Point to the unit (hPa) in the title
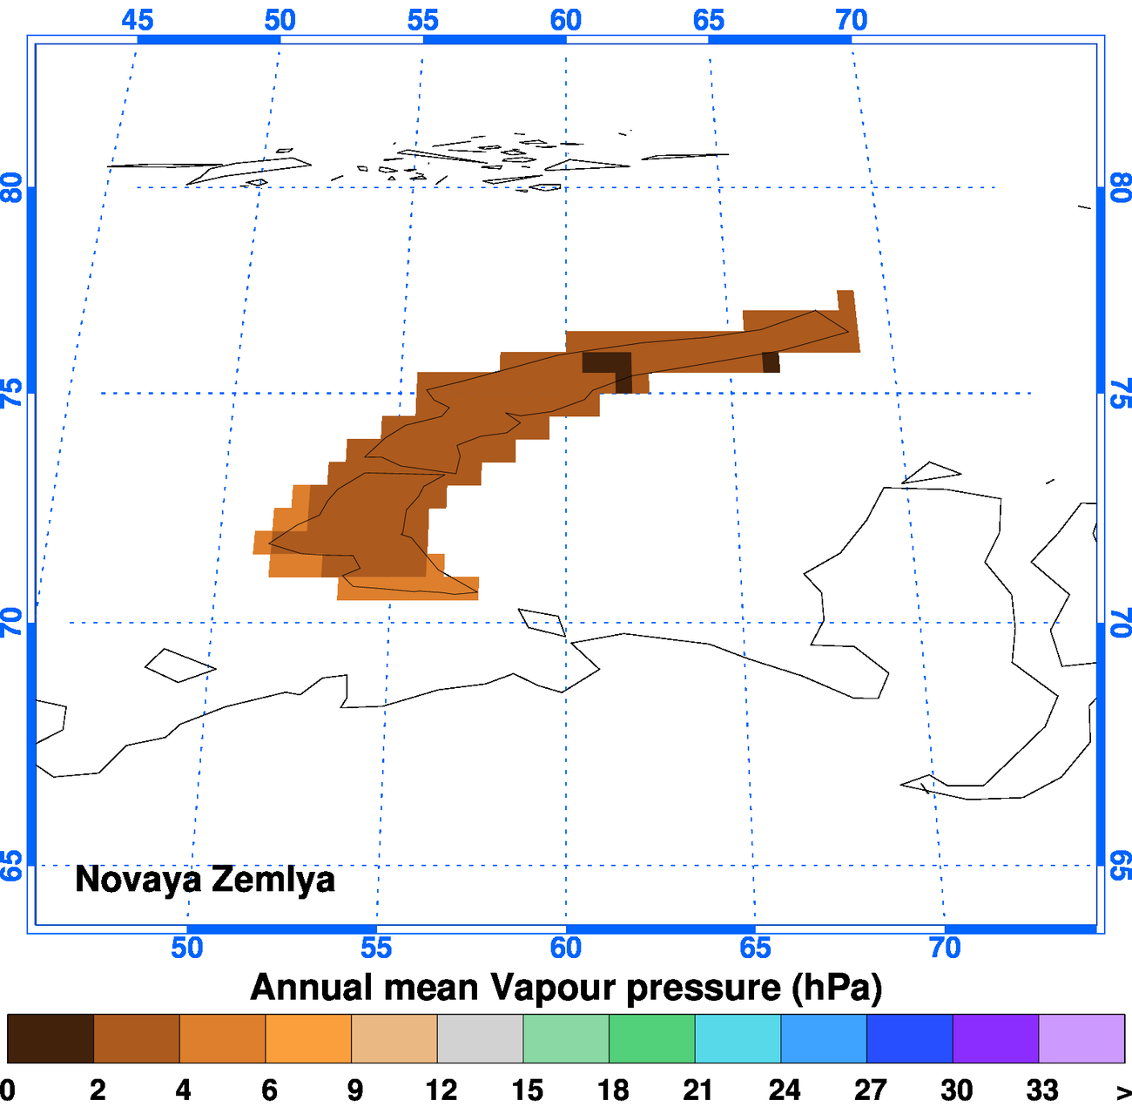[837, 988]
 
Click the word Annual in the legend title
[310, 988]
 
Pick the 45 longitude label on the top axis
[138, 20]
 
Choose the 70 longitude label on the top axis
[852, 20]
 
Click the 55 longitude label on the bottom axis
[376, 948]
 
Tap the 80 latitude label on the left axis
[12, 187]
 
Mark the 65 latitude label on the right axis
[1121, 866]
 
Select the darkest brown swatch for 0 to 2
[50, 1038]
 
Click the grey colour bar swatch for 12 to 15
[480, 1038]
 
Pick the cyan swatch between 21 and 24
[738, 1038]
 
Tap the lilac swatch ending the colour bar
[1081, 1038]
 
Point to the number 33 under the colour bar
[1041, 1090]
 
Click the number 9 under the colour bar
[354, 1090]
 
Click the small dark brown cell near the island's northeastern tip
[771, 361]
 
